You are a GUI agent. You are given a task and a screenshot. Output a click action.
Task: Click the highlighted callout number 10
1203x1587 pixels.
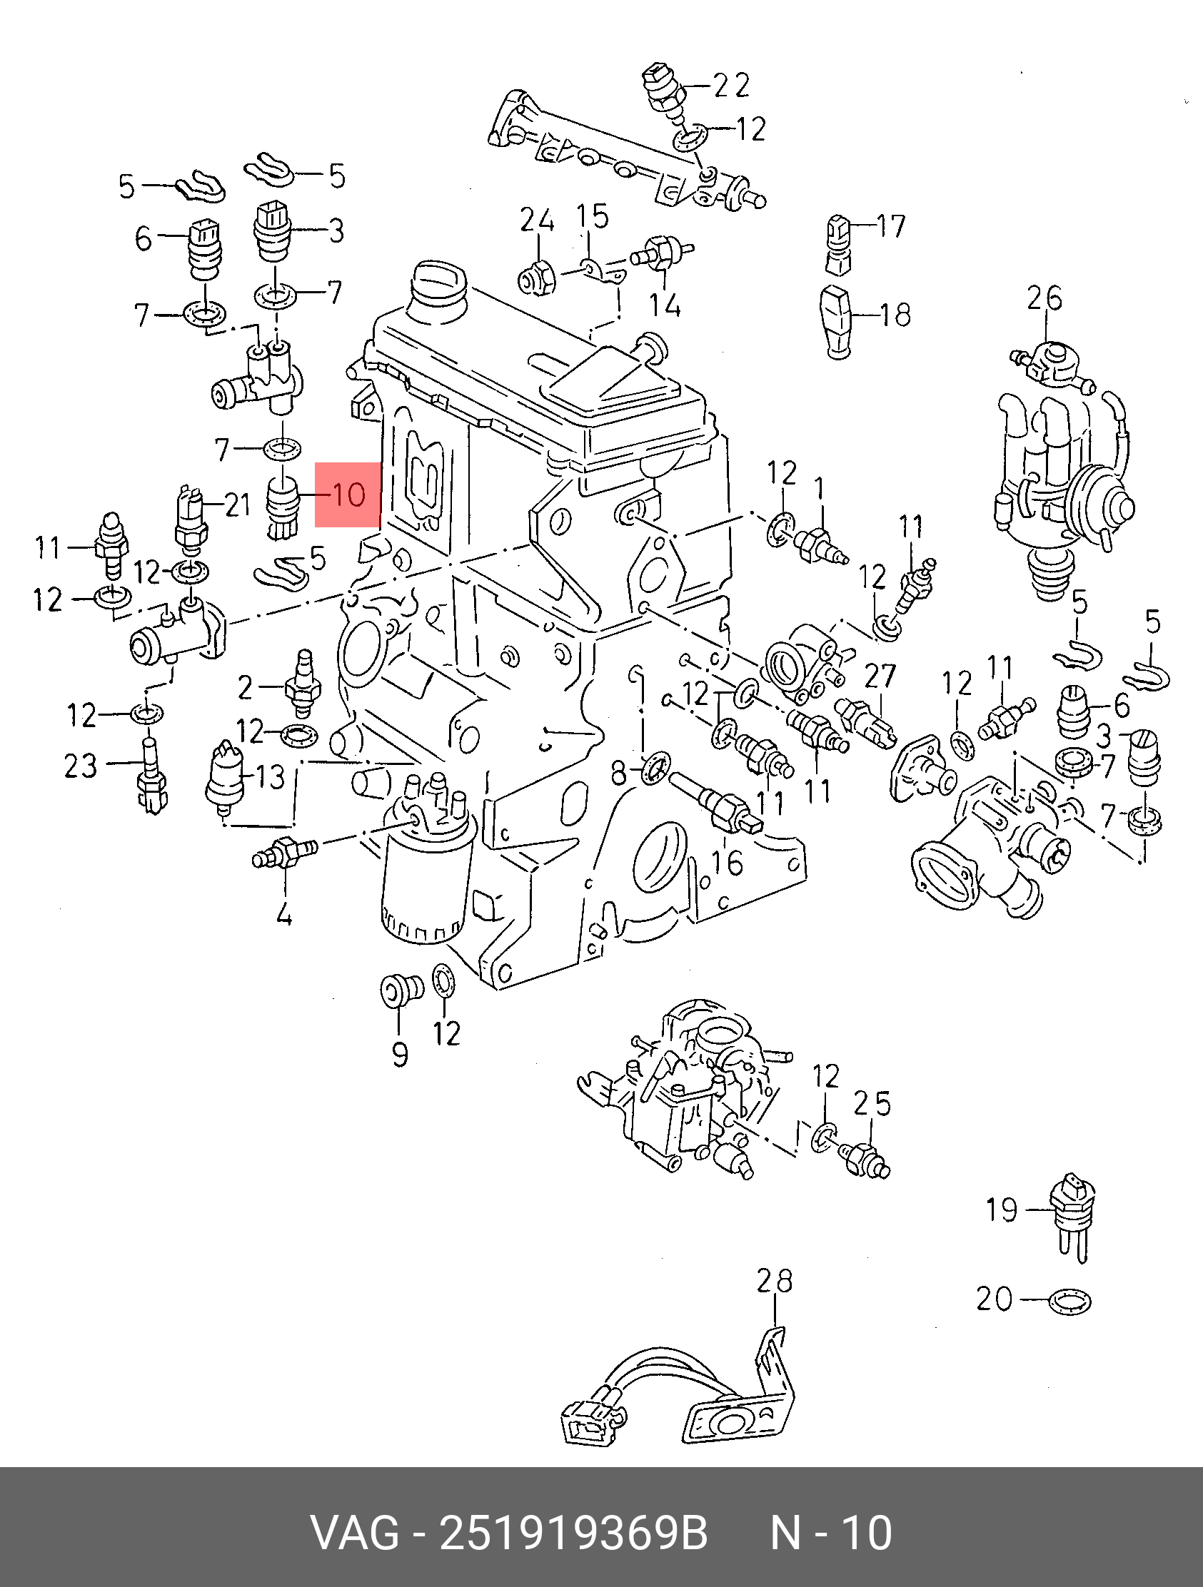[x=348, y=495]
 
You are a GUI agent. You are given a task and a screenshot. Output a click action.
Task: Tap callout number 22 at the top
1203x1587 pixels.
[x=730, y=86]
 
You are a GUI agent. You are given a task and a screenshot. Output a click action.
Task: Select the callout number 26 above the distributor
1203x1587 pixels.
[x=1044, y=298]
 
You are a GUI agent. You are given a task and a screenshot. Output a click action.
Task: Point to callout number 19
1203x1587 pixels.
[x=1001, y=1210]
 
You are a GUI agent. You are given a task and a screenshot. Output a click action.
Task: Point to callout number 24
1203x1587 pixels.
[x=537, y=220]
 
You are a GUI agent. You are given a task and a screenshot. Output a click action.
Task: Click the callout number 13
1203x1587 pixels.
[x=270, y=776]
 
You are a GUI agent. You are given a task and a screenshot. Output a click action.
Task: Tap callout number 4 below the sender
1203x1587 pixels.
[x=284, y=914]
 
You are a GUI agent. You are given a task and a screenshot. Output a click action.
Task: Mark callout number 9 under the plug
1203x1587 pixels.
[x=401, y=1055]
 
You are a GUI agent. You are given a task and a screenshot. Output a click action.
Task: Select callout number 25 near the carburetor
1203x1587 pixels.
[x=872, y=1104]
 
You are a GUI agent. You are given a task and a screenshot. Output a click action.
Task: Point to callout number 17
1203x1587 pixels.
[x=891, y=226]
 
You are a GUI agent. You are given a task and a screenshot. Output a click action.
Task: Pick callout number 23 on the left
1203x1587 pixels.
[x=81, y=766]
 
